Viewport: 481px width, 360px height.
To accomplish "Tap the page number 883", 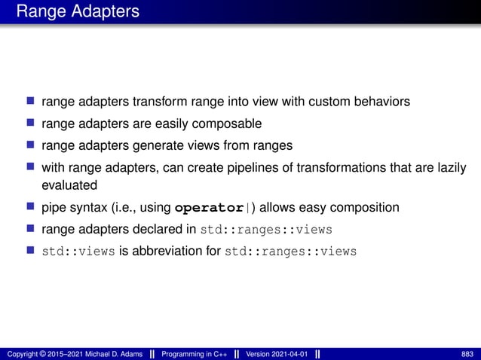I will (x=467, y=354).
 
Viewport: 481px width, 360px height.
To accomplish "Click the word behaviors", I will (x=381, y=101).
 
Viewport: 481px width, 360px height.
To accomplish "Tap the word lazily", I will (x=449, y=166).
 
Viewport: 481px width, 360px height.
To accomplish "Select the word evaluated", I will (x=69, y=185).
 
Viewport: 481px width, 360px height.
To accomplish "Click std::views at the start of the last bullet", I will (x=78, y=252).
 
